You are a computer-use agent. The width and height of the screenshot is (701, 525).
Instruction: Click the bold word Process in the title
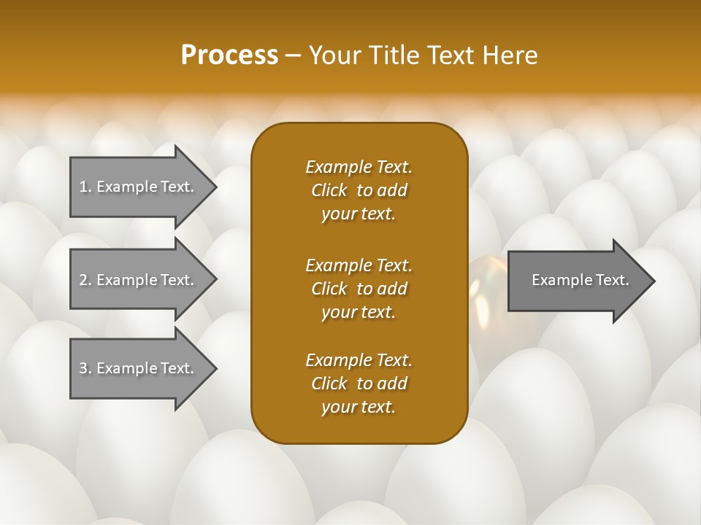click(229, 55)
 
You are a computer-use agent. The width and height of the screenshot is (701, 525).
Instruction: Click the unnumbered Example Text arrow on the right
click(580, 280)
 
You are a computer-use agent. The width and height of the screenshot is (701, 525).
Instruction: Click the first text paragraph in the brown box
click(359, 190)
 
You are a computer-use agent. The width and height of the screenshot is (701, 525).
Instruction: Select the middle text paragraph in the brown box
click(359, 288)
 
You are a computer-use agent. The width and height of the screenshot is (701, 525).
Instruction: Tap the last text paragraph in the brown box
click(359, 384)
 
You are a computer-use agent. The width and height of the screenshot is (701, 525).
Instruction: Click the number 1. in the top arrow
click(85, 187)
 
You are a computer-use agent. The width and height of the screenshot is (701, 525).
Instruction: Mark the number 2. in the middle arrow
click(85, 280)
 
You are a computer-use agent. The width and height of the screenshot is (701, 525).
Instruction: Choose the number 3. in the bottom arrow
click(85, 368)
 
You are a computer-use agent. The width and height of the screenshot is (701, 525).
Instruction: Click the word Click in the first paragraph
click(329, 190)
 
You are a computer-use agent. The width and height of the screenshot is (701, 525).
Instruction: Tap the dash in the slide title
click(293, 55)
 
